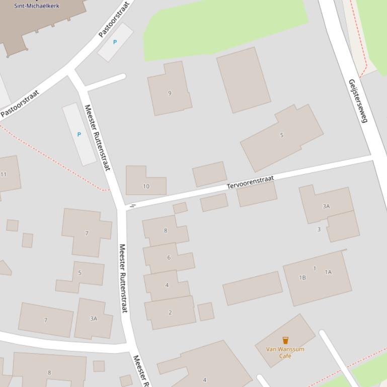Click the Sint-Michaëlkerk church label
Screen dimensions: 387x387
pyautogui.click(x=36, y=6)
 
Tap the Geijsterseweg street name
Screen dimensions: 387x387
pyautogui.click(x=358, y=101)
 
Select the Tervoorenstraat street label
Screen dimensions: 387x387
pyautogui.click(x=250, y=182)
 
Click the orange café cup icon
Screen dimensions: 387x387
pyautogui.click(x=285, y=340)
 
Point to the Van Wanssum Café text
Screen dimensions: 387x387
pyautogui.click(x=285, y=352)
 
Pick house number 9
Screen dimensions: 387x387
pyautogui.click(x=170, y=93)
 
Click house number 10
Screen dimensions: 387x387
pyautogui.click(x=146, y=186)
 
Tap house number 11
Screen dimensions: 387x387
pyautogui.click(x=4, y=174)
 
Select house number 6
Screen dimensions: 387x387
pyautogui.click(x=169, y=258)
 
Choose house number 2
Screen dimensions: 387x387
pyautogui.click(x=170, y=313)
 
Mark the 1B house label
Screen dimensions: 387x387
pyautogui.click(x=302, y=277)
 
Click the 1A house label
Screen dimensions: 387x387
pyautogui.click(x=328, y=272)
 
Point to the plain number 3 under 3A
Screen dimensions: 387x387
pyautogui.click(x=319, y=230)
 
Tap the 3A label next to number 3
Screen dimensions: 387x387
pyautogui.click(x=326, y=206)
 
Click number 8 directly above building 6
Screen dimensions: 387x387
pyautogui.click(x=165, y=231)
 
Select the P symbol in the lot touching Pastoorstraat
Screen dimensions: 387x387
pyautogui.click(x=115, y=42)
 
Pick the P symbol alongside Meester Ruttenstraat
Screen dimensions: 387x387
pyautogui.click(x=79, y=135)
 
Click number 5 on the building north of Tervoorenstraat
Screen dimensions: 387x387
pyautogui.click(x=281, y=135)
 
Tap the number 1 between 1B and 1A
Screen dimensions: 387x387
pyautogui.click(x=315, y=268)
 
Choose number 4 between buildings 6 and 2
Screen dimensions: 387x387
pyautogui.click(x=167, y=285)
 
